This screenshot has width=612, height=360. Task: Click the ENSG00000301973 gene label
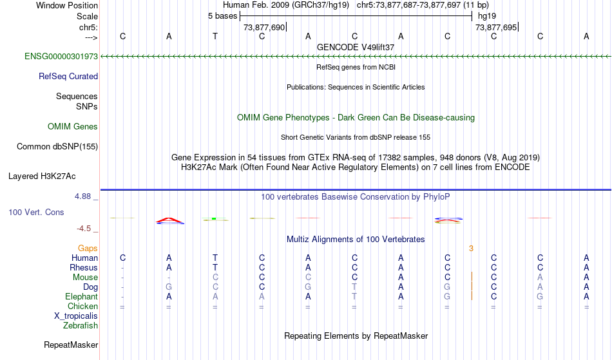pyautogui.click(x=61, y=56)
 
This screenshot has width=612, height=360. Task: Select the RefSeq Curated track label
pyautogui.click(x=68, y=77)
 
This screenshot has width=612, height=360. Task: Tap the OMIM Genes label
pyautogui.click(x=73, y=126)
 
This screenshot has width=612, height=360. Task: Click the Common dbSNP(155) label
pyautogui.click(x=57, y=147)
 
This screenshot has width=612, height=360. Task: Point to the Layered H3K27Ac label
pyautogui.click(x=42, y=176)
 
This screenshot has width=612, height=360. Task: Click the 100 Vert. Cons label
pyautogui.click(x=36, y=212)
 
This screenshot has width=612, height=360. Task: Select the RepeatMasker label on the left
pyautogui.click(x=71, y=345)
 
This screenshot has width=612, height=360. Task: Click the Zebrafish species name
pyautogui.click(x=81, y=325)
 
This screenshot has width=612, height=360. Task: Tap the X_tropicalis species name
pyautogui.click(x=76, y=316)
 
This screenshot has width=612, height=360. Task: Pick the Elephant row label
pyautogui.click(x=82, y=296)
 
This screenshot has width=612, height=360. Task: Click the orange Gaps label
pyautogui.click(x=88, y=249)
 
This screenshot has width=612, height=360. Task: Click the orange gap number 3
pyautogui.click(x=471, y=249)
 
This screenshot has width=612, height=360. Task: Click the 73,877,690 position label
pyautogui.click(x=264, y=28)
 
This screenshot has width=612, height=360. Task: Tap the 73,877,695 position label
pyautogui.click(x=496, y=28)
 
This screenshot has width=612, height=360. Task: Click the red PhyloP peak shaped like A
pyautogui.click(x=170, y=221)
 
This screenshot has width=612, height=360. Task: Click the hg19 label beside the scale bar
pyautogui.click(x=487, y=16)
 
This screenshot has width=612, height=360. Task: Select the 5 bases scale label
pyautogui.click(x=222, y=16)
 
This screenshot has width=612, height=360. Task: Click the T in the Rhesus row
pyautogui.click(x=215, y=267)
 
